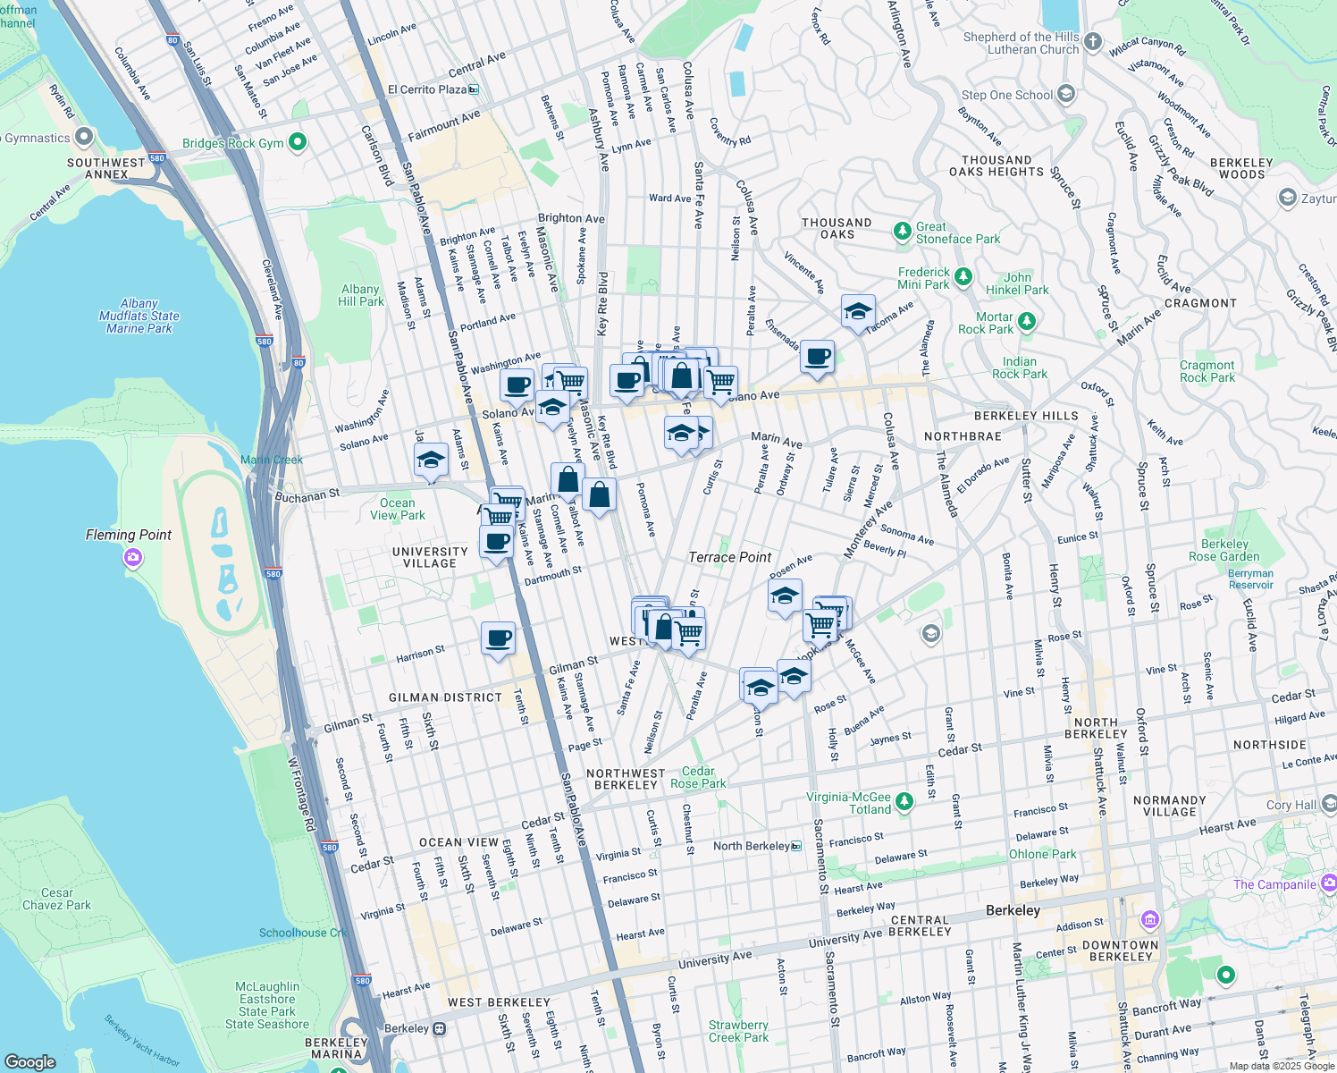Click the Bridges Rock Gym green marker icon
coord(299,142)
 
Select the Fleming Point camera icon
coord(133,558)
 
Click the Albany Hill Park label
coord(360,295)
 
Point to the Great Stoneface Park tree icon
coord(903,232)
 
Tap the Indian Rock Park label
coord(1019,368)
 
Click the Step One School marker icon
coord(1065,94)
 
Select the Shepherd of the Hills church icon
coord(1093,43)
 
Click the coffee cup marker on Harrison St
coord(498,638)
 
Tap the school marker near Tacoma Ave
coord(858,311)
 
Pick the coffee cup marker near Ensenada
coord(817,357)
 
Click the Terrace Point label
coord(729,557)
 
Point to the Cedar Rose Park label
coord(698,777)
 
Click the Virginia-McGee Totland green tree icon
coord(904,801)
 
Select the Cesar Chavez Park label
coord(57,899)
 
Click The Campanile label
coord(1274,884)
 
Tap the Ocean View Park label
coord(398,509)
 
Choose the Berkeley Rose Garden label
coord(1224,550)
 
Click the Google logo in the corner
coord(30,1061)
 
